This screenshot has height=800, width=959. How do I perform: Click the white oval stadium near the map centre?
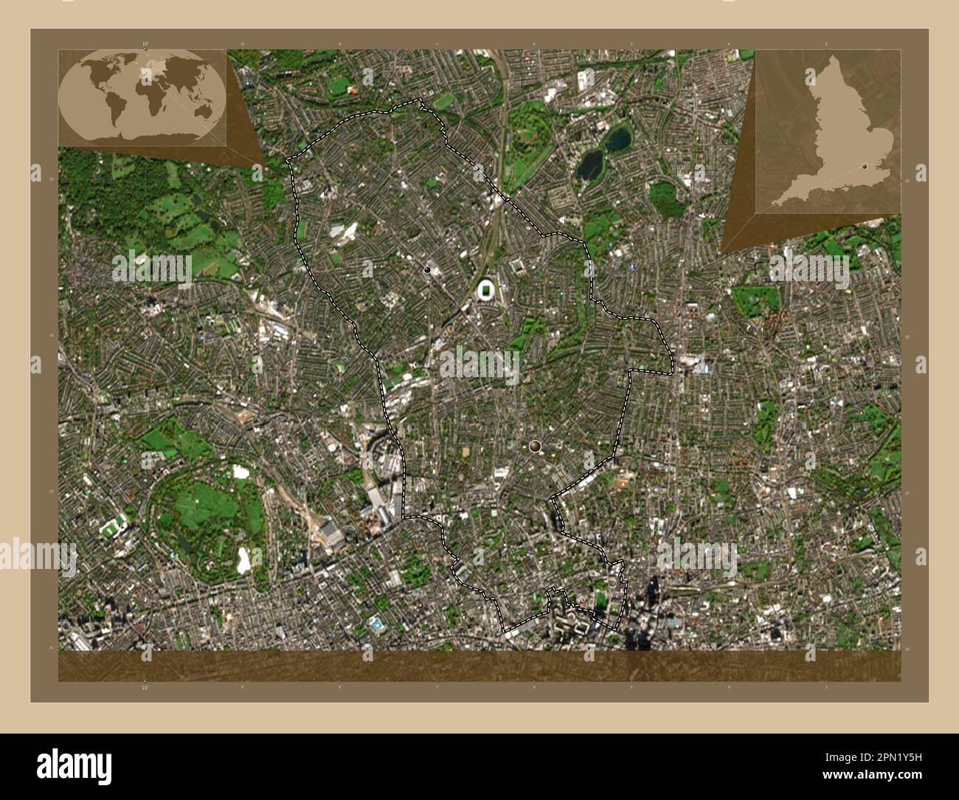[x=487, y=291]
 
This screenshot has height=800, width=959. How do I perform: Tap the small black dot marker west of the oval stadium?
[x=427, y=270]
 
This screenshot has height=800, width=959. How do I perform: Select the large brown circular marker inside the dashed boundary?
[x=535, y=446]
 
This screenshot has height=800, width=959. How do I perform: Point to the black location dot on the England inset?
[x=864, y=168]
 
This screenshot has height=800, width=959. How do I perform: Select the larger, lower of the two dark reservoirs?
[x=591, y=165]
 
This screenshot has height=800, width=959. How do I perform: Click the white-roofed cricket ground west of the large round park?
[x=112, y=528]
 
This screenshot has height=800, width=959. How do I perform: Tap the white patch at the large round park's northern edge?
[x=241, y=472]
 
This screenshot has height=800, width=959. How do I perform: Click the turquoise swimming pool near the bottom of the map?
[x=378, y=624]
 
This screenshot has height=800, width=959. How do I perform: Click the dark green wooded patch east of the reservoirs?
[x=663, y=198]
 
